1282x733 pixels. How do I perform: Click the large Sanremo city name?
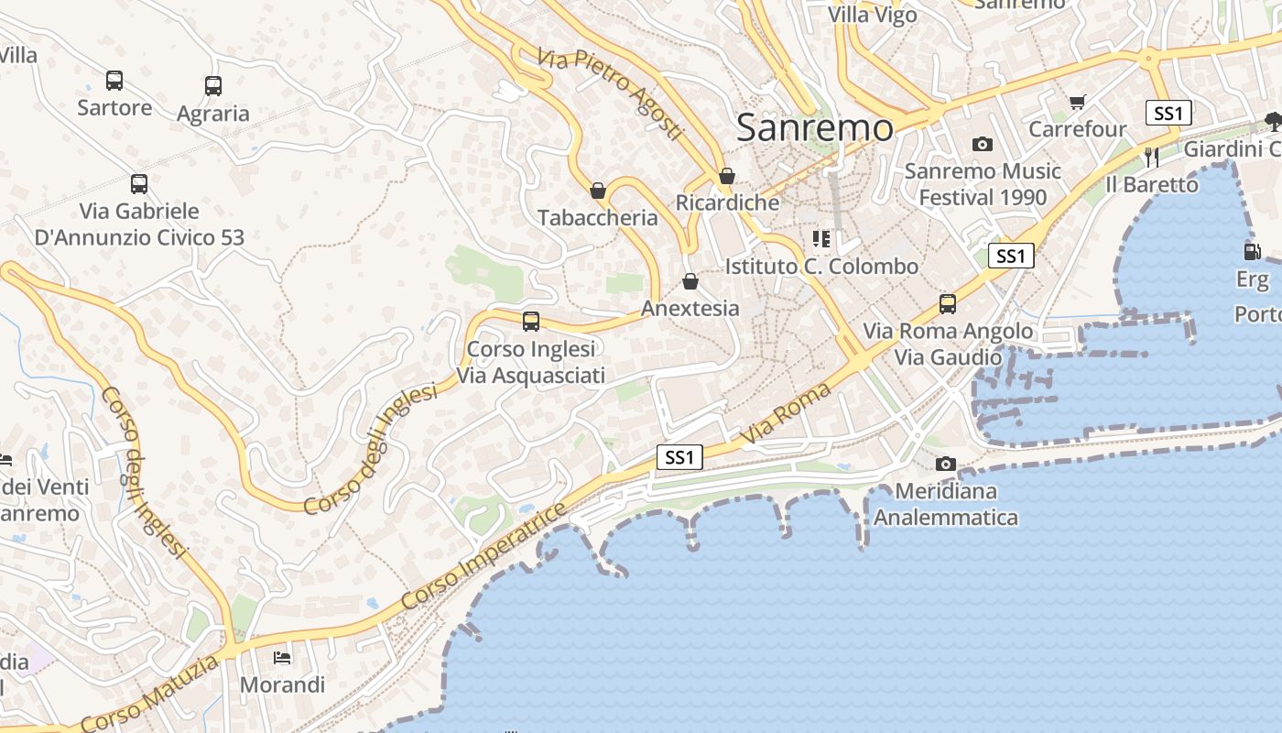point(814,127)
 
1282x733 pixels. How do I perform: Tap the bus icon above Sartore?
point(114,81)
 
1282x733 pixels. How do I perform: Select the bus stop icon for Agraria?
point(213,86)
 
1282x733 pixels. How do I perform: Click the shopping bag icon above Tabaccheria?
point(598,191)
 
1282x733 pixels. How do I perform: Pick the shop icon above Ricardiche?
point(727,176)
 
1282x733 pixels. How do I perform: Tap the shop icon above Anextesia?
point(690,281)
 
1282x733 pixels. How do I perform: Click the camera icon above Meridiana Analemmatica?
point(946,465)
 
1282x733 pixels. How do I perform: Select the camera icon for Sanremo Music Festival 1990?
point(983,145)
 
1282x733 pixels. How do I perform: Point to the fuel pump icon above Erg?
point(1252,251)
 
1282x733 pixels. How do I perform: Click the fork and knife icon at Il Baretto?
point(1151,158)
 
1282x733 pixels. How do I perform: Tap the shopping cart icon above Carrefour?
point(1077,103)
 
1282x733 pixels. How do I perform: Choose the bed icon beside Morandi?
point(282,658)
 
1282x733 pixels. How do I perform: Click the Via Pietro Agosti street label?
point(611,94)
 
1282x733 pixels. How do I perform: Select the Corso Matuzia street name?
point(151,694)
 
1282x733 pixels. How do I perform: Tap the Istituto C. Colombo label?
point(821,267)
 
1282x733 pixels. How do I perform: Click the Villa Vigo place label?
point(873,15)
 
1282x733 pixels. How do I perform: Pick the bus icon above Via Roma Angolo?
point(948,304)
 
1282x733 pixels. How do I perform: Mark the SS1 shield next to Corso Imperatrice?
point(679,457)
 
